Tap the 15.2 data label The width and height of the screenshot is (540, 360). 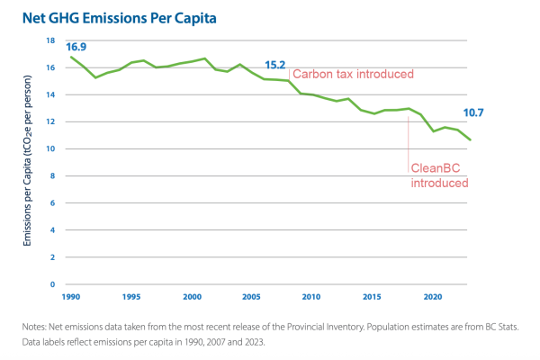[x=275, y=66]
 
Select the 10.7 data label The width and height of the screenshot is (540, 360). [x=474, y=112]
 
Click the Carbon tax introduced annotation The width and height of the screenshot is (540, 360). [x=353, y=74]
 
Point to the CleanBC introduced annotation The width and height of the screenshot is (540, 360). [x=439, y=175]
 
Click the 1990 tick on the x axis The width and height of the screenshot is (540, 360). [x=70, y=296]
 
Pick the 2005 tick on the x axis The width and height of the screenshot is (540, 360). [x=251, y=296]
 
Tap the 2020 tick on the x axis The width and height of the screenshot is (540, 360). [x=432, y=296]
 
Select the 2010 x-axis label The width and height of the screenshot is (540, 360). [x=311, y=296]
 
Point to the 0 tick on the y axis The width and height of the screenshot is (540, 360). [x=52, y=284]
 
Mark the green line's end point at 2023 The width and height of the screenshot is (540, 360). [x=469, y=140]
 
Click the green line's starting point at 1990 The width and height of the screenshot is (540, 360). [x=71, y=57]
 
